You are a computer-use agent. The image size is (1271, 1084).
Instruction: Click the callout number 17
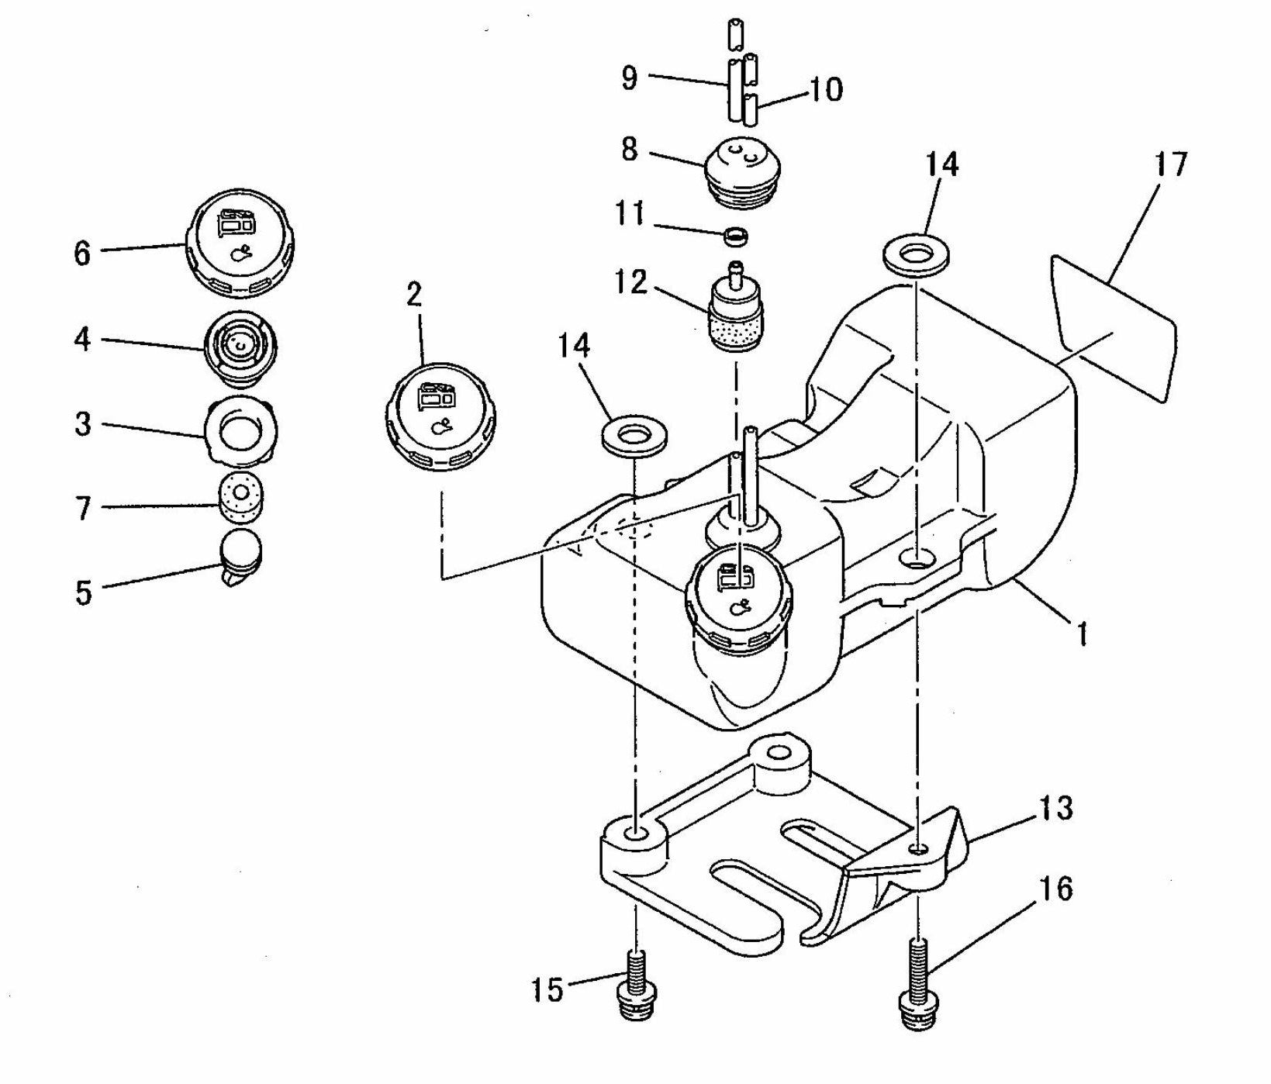click(1170, 164)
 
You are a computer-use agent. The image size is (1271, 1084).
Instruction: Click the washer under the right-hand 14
click(916, 256)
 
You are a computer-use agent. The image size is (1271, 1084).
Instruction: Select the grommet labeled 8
click(742, 171)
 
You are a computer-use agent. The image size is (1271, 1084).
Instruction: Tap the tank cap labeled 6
click(240, 242)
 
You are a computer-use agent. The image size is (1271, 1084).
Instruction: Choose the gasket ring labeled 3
click(240, 429)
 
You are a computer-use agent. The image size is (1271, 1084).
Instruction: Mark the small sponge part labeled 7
click(240, 497)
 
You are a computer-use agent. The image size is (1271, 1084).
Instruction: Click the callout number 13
click(1055, 808)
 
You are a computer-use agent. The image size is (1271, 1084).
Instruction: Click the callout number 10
click(827, 90)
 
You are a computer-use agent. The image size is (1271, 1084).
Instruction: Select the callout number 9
click(630, 77)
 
